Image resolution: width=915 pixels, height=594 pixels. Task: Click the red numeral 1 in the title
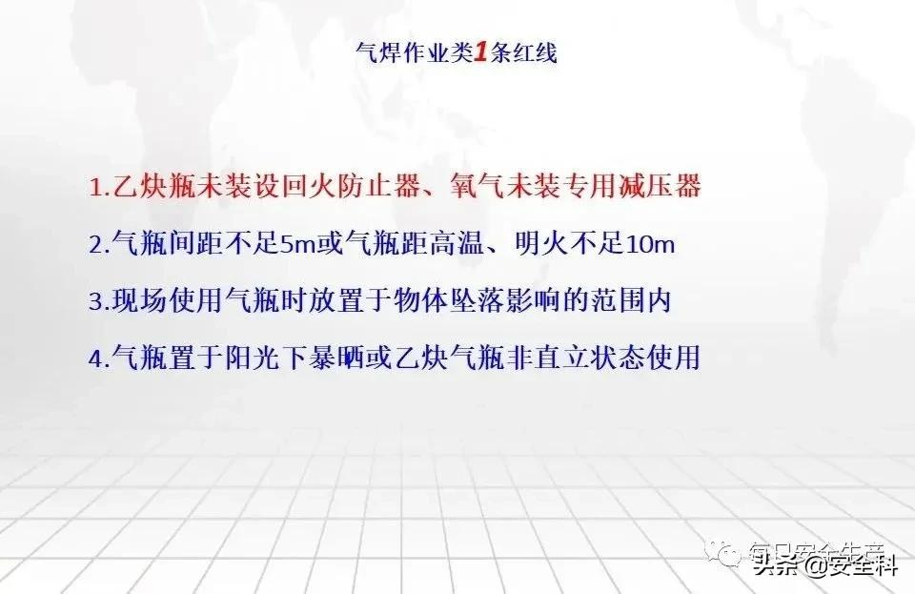[479, 52]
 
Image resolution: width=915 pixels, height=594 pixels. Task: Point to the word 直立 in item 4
[560, 357]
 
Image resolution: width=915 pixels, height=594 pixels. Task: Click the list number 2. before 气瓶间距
[99, 244]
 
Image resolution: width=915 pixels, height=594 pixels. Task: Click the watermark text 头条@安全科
[823, 564]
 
